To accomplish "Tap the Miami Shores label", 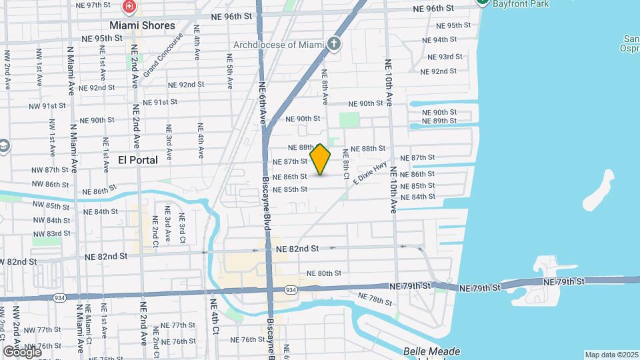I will pos(142,25).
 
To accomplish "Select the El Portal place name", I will pos(138,160).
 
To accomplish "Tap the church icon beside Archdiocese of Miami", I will pos(335,45).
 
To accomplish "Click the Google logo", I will pos(22,351).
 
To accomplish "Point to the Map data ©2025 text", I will pos(610,355).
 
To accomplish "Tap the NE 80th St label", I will pos(324,273).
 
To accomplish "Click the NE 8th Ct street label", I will pos(346,163).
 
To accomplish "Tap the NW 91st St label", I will pos(47,105).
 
